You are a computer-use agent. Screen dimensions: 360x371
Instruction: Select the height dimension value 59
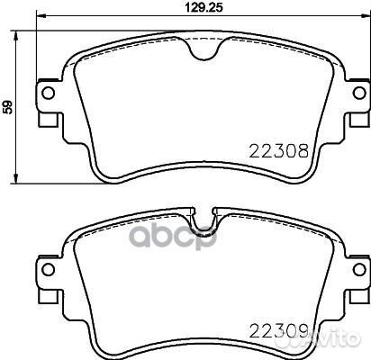8,107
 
